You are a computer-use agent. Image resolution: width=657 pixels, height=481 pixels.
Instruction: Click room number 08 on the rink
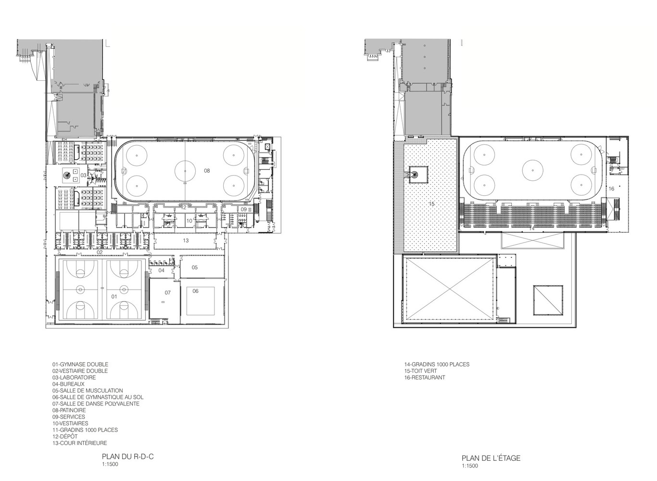point(207,171)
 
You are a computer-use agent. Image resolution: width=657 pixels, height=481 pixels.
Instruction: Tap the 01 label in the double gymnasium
point(114,296)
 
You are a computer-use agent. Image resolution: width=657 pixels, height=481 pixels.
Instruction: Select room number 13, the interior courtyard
point(186,240)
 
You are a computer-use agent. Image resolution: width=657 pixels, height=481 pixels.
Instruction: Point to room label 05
point(195,267)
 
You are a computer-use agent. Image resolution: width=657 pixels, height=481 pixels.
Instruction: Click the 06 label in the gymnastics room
point(195,291)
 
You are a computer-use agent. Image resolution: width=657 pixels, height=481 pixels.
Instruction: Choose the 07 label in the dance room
point(167,292)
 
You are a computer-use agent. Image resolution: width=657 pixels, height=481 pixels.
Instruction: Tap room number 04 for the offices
point(161,270)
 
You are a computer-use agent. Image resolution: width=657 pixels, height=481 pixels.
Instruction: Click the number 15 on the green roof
point(431,203)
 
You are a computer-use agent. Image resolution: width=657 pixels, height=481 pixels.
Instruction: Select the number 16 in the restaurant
point(611,189)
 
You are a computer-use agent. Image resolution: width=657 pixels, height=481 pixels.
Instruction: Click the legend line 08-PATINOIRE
point(69,410)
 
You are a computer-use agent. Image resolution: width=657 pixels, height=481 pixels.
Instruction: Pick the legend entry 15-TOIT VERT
point(420,371)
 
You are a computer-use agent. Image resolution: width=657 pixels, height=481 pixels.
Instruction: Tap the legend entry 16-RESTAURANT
point(425,378)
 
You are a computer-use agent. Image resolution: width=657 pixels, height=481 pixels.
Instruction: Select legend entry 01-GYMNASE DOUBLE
point(80,364)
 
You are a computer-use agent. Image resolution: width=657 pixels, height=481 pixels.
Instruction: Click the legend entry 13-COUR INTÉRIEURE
point(80,443)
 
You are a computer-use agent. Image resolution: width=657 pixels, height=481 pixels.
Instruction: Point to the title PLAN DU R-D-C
point(128,456)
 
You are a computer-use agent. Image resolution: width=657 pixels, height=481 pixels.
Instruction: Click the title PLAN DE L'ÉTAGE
point(491,458)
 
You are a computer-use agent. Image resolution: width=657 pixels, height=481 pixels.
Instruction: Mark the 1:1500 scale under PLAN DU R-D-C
point(110,464)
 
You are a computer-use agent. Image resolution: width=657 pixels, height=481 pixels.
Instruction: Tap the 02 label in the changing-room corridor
point(100,252)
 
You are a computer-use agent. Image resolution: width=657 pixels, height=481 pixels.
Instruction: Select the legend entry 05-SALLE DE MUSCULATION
point(88,391)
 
